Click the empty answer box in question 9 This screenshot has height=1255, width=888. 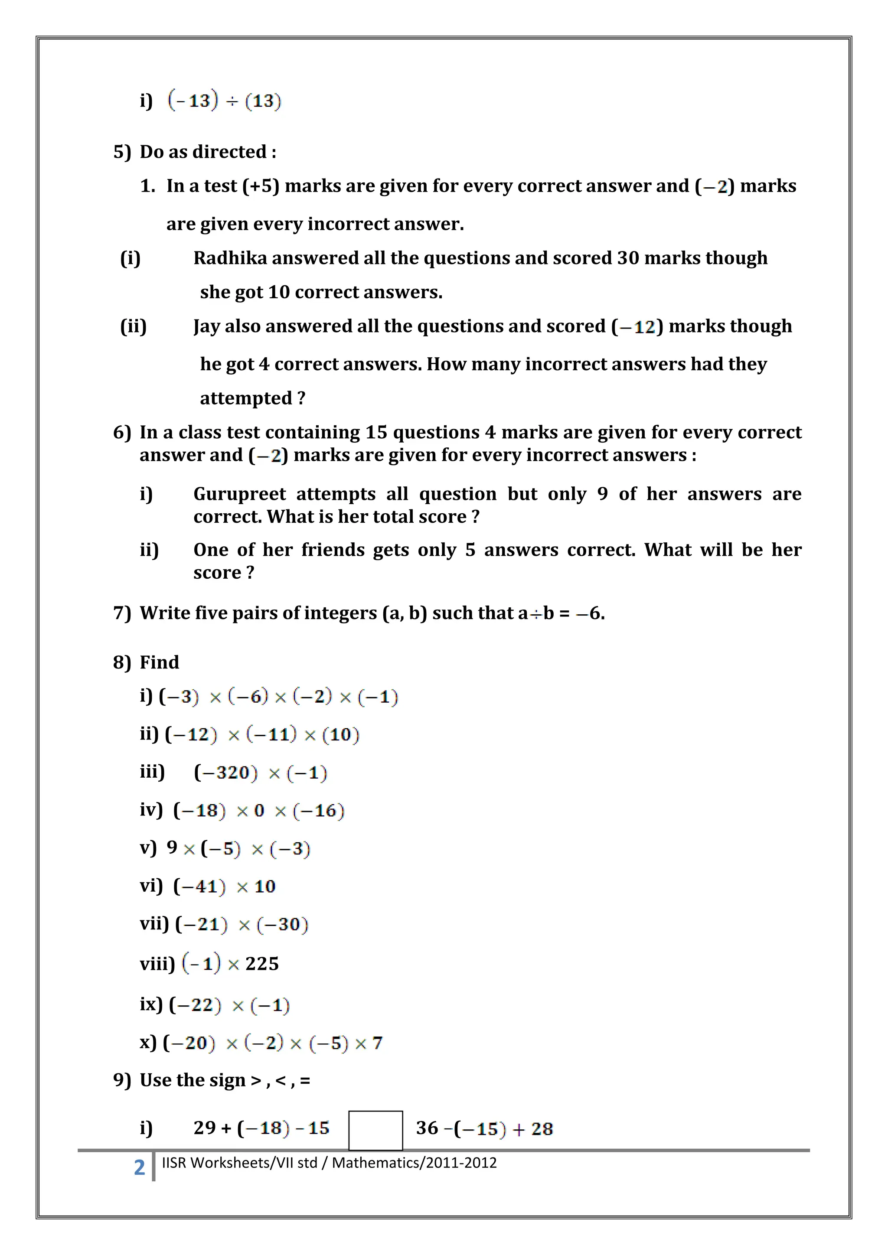coord(375,1131)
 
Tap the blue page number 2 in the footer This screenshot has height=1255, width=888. coord(140,1167)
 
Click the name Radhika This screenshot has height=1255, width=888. coord(230,258)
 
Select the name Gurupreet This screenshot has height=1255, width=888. coord(239,494)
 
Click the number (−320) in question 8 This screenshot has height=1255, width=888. coord(225,773)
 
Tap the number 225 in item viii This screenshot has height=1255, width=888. coord(262,964)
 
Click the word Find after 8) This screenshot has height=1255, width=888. coord(159,662)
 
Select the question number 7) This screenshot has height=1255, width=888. coord(122,613)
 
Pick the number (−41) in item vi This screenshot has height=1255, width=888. coord(199,886)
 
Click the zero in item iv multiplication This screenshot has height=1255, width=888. coord(259,811)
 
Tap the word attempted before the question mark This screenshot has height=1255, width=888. coord(245,398)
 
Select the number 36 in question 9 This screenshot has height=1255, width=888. coord(427,1128)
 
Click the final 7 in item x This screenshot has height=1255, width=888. coord(377,1043)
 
